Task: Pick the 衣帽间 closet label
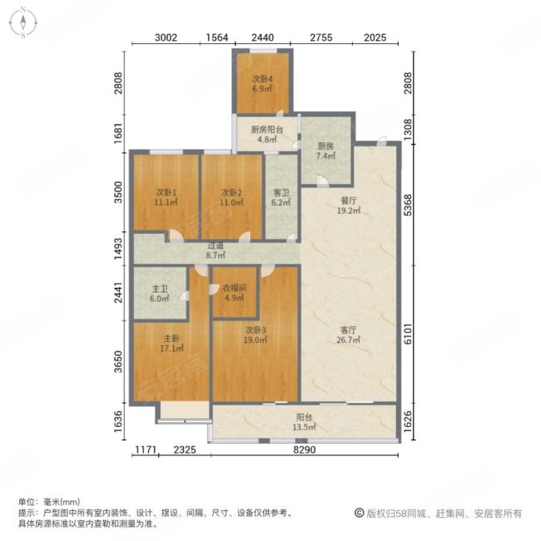pyautogui.click(x=232, y=293)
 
